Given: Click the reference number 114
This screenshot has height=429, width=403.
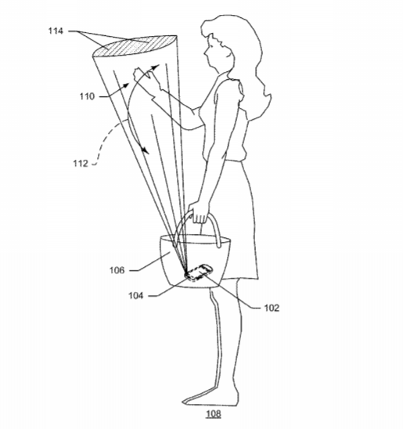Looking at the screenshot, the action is click(56, 31).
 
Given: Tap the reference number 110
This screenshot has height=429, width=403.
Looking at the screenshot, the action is click(87, 96).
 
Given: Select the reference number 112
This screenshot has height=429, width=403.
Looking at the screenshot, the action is click(81, 164).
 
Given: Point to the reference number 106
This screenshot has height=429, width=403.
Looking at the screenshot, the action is click(117, 270).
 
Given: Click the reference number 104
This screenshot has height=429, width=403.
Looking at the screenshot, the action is click(136, 295).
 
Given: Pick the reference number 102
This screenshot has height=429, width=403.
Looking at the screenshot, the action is click(272, 308).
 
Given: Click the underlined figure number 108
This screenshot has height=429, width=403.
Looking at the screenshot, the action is click(214, 413).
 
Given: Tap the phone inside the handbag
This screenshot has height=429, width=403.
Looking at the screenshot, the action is click(199, 272).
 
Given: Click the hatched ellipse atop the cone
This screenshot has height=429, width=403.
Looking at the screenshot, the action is click(134, 45).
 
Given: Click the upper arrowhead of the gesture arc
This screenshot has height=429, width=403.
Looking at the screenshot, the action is click(154, 67).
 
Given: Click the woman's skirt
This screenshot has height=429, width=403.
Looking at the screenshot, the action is click(232, 219).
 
